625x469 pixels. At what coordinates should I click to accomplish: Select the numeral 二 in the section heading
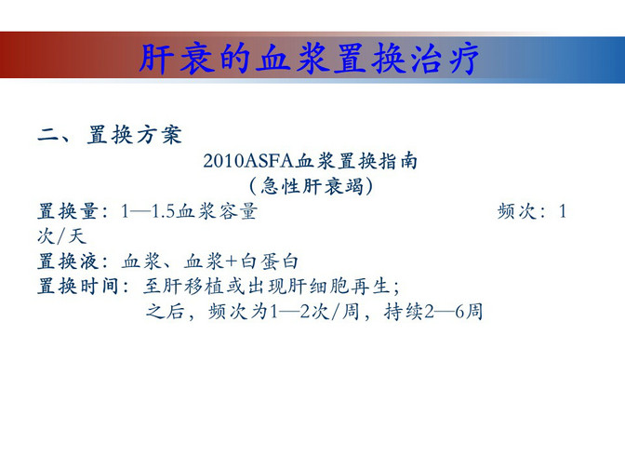(x=48, y=135)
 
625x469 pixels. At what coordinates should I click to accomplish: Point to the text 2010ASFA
(x=248, y=162)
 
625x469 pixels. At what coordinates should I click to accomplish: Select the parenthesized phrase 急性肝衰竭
(x=312, y=186)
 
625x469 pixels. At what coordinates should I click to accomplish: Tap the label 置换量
(x=68, y=211)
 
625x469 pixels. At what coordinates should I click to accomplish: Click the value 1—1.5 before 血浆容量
(x=148, y=211)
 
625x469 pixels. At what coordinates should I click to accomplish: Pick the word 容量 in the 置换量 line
(x=238, y=211)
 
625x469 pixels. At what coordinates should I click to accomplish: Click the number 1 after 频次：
(x=563, y=211)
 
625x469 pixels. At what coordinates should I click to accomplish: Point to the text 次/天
(x=62, y=236)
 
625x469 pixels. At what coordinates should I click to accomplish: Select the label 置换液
(x=68, y=261)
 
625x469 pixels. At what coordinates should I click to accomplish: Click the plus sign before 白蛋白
(x=232, y=261)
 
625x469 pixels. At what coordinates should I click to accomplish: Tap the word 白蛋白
(x=269, y=261)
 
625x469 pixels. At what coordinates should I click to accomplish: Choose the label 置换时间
(x=78, y=287)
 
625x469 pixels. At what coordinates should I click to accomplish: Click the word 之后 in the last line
(x=165, y=312)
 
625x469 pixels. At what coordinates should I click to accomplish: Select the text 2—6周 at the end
(x=454, y=312)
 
